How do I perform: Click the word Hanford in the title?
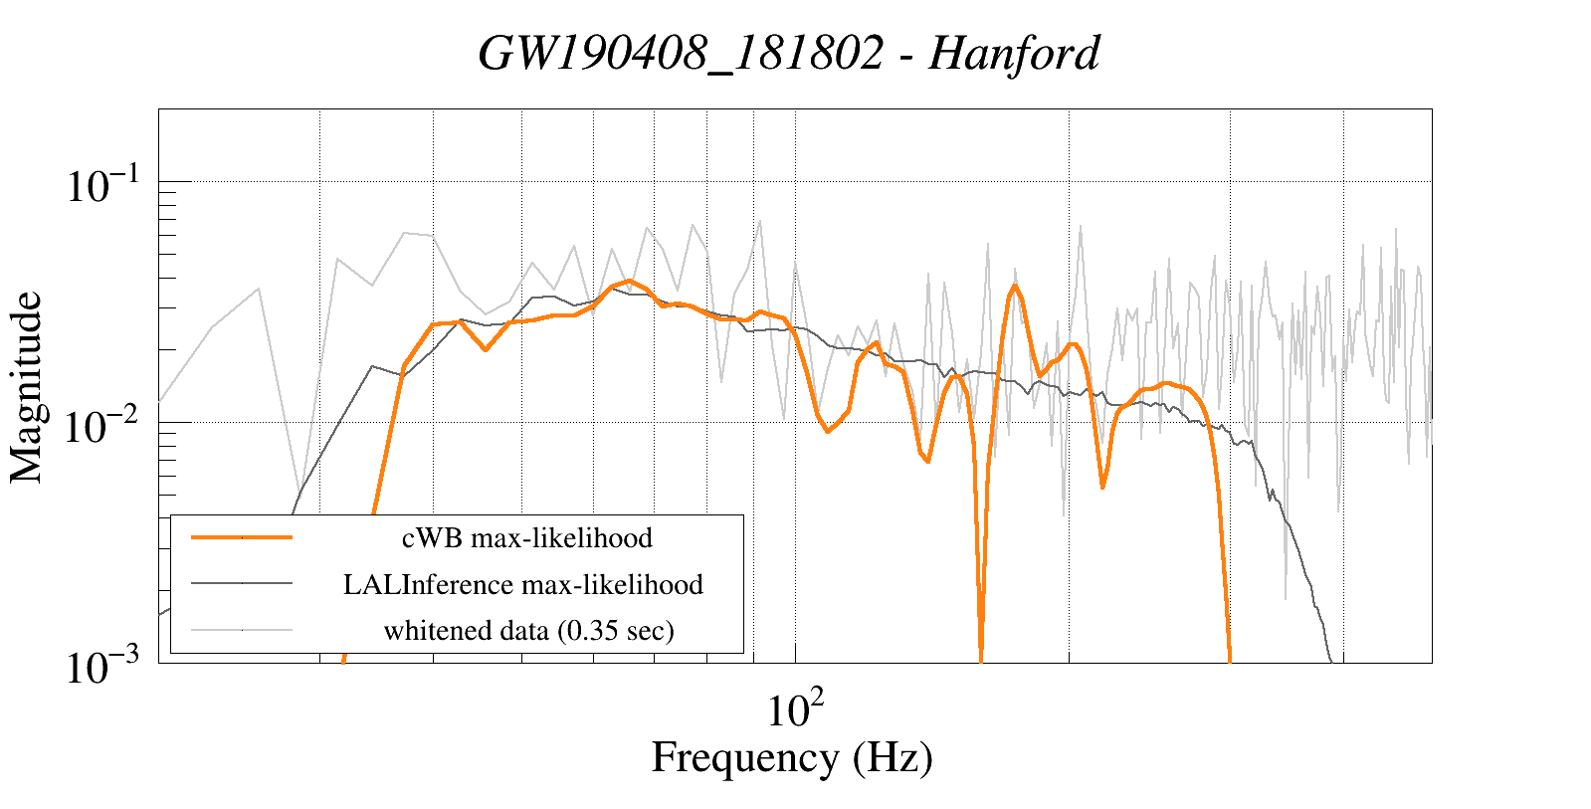pyautogui.click(x=1014, y=53)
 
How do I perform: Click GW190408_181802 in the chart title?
pyautogui.click(x=681, y=53)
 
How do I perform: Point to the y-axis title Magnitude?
pyautogui.click(x=27, y=388)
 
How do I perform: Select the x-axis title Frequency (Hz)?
pyautogui.click(x=792, y=757)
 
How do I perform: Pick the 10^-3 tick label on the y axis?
pyautogui.click(x=103, y=667)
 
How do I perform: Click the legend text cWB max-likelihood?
pyautogui.click(x=526, y=538)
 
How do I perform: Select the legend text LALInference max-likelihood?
pyautogui.click(x=523, y=584)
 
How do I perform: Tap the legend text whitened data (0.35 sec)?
pyautogui.click(x=528, y=630)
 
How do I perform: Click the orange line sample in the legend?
pyautogui.click(x=242, y=537)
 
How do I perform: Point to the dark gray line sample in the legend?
pyautogui.click(x=242, y=583)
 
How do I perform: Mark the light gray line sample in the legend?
pyautogui.click(x=242, y=629)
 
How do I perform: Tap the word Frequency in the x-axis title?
pyautogui.click(x=744, y=757)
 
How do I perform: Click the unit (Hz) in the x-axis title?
pyautogui.click(x=893, y=757)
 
